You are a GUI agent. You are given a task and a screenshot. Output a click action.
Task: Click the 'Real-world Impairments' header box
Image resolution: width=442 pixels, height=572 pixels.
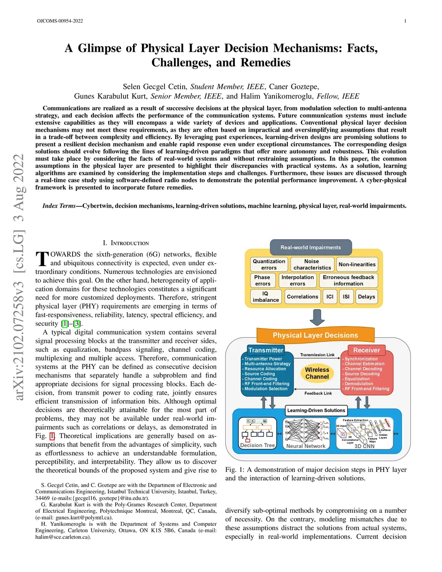(311, 247)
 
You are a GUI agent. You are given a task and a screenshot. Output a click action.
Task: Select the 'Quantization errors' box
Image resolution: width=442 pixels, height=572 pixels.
(269, 264)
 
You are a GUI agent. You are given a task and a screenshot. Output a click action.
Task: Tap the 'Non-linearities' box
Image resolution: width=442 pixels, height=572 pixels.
(357, 264)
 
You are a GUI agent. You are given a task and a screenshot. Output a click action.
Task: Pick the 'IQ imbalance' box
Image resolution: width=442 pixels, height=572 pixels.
(265, 297)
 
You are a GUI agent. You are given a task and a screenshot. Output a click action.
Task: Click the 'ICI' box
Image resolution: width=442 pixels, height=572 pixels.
(330, 297)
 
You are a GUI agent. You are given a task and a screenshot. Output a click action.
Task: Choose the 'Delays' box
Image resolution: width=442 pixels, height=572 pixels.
(366, 297)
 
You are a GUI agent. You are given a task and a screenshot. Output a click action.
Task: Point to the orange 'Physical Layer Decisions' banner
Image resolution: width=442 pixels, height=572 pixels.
(315, 335)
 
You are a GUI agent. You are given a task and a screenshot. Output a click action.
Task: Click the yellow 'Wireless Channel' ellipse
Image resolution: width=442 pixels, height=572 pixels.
(317, 373)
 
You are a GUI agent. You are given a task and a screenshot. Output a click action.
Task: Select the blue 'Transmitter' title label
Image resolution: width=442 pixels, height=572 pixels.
(265, 350)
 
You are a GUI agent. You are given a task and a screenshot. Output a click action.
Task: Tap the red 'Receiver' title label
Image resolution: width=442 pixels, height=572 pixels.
(366, 350)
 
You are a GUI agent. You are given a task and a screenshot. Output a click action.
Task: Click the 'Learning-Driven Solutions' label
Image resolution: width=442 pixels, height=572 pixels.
(316, 410)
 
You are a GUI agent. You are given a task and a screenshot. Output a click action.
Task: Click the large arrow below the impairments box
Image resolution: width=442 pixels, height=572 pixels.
(317, 317)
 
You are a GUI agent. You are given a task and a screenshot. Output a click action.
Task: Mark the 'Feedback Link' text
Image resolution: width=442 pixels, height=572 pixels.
(318, 393)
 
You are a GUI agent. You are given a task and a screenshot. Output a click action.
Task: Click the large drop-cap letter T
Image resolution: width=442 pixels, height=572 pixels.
(42, 259)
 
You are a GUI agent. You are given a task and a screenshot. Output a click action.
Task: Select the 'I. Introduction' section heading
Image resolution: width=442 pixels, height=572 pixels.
(126, 243)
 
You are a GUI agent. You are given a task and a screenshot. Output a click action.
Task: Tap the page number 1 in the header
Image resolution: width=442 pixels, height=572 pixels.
(405, 21)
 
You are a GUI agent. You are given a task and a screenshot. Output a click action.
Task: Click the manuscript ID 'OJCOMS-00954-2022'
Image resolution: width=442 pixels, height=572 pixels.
(60, 21)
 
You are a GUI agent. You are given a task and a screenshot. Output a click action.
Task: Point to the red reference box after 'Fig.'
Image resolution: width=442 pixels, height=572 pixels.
(52, 436)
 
